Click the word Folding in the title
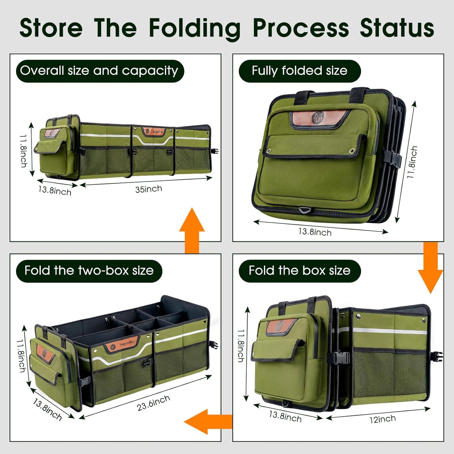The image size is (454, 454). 194,29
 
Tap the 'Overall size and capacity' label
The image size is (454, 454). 99,71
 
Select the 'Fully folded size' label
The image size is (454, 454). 299,71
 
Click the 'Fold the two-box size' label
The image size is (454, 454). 89,271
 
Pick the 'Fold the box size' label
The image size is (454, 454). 299,271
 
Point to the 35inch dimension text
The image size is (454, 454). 149,189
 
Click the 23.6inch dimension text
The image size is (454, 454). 153,403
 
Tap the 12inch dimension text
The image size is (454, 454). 382,419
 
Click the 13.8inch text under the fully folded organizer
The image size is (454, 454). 315,232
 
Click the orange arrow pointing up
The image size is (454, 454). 192,230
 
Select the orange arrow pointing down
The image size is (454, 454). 430,267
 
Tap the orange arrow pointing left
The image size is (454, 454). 207,422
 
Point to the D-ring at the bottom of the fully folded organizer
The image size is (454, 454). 304,210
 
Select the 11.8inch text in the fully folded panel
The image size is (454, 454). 412,162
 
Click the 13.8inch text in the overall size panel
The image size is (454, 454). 55,190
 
